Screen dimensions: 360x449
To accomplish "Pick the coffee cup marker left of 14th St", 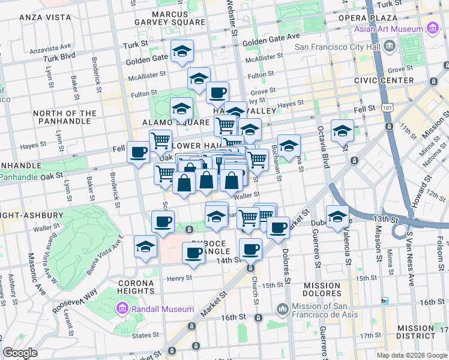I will click(x=193, y=252).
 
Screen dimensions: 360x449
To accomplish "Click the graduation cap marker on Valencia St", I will click(x=338, y=217).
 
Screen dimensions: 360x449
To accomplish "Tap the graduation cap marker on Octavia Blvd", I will click(x=342, y=131).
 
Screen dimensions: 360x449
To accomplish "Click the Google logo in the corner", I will click(x=20, y=353).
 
